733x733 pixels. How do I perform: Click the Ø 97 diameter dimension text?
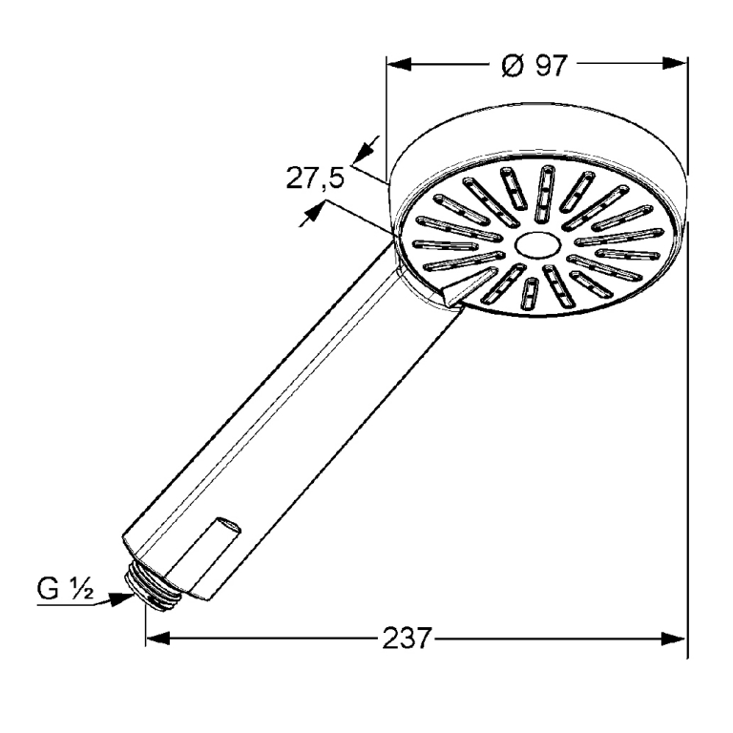coord(534,66)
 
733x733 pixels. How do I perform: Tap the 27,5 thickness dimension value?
coord(315,178)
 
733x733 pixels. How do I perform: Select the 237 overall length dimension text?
coord(406,639)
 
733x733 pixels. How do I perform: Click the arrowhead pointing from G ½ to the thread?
coord(122,598)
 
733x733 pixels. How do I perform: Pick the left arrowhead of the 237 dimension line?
coord(157,639)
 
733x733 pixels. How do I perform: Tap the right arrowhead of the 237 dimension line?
coord(674,639)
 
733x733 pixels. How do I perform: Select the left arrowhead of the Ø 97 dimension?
coord(399,65)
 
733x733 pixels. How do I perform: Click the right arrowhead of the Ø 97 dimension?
coord(675,64)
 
